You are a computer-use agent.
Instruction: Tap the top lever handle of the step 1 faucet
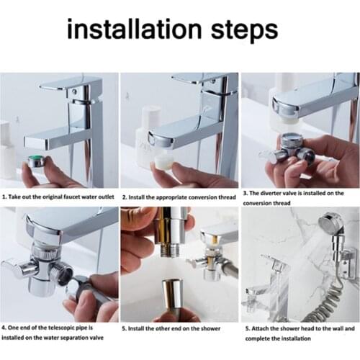pyautogui.click(x=66, y=84)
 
